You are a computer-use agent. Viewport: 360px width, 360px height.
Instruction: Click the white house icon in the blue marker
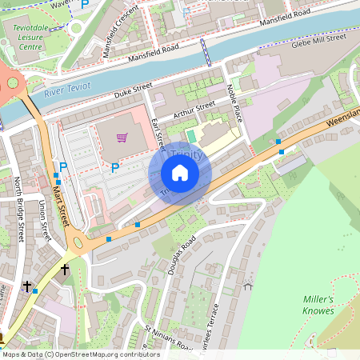180,173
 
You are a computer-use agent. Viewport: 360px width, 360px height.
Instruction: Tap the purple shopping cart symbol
122,138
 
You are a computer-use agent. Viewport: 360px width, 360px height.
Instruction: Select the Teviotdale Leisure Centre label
33,36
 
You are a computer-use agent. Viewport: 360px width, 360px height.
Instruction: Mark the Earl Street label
157,133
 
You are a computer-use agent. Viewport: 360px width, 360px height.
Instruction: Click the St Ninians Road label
168,338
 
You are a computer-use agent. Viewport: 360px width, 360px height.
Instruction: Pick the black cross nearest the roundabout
65,270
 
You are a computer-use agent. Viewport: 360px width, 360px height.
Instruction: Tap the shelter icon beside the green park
247,284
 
